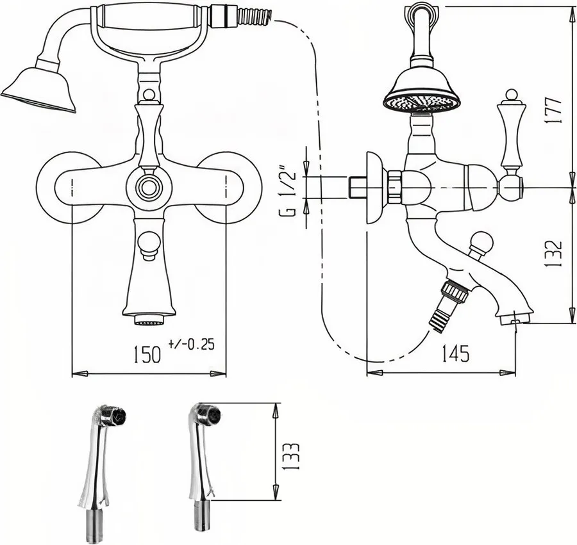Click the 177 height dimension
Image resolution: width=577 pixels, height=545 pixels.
point(554,110)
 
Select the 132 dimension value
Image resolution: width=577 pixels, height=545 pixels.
point(554,254)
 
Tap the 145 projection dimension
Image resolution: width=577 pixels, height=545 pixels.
point(456,353)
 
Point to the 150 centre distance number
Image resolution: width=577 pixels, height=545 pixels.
point(147,355)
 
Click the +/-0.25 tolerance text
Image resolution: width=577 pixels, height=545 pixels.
point(191,345)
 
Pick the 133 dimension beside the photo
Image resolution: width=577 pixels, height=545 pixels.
point(292,455)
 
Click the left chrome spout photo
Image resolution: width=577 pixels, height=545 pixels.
point(101,471)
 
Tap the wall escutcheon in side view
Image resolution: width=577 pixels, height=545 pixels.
point(374,188)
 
